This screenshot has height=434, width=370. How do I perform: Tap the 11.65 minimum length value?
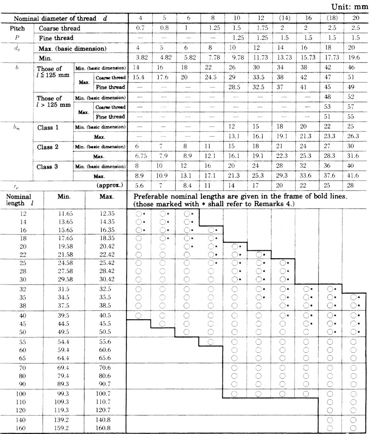(x=64, y=214)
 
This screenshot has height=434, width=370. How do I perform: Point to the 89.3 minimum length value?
(x=64, y=383)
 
